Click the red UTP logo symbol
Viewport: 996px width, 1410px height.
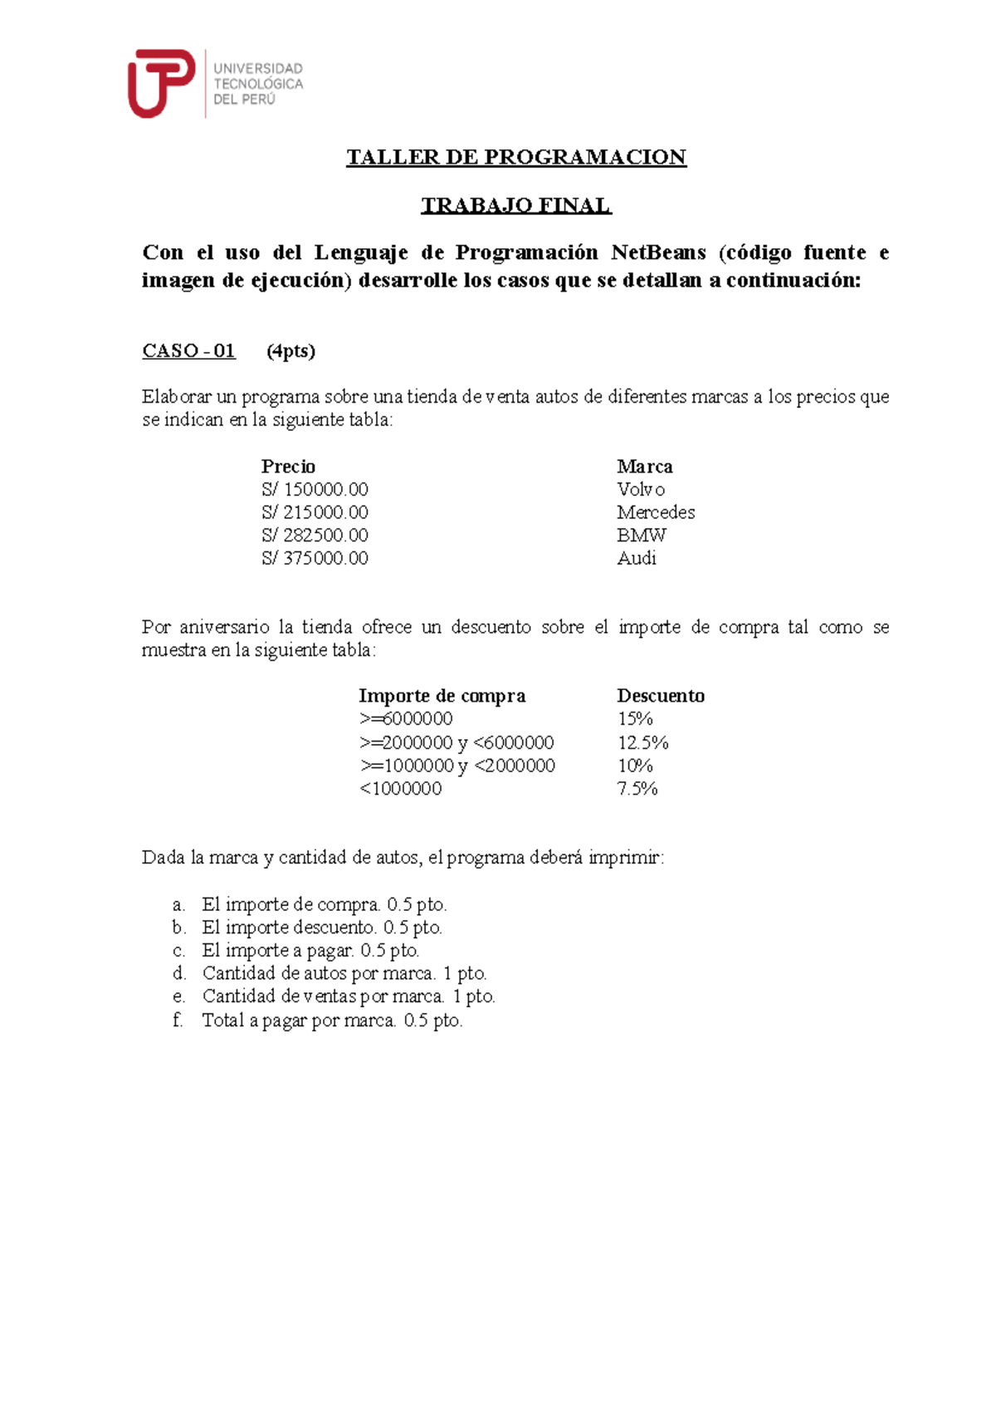160,82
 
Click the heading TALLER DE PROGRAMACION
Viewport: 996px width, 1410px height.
516,158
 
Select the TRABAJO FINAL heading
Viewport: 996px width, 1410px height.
516,205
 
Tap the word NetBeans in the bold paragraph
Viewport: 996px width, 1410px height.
658,252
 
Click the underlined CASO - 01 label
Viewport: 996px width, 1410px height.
188,351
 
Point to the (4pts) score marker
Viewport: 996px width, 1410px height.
290,351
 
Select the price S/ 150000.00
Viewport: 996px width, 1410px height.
315,490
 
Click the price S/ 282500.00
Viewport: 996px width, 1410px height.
315,536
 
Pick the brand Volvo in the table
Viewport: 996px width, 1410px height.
641,490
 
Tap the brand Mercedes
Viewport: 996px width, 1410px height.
656,512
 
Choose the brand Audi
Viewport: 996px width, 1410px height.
637,558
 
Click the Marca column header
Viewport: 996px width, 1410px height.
645,467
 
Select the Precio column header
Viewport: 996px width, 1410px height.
288,467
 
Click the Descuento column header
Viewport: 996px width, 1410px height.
661,696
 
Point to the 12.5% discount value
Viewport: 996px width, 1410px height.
643,742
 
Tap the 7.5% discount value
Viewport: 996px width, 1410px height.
637,789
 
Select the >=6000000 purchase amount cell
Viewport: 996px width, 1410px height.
406,719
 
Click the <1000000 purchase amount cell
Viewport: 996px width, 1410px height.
400,789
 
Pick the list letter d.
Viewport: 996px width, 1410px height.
178,973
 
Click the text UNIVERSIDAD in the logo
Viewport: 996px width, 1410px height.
258,69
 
